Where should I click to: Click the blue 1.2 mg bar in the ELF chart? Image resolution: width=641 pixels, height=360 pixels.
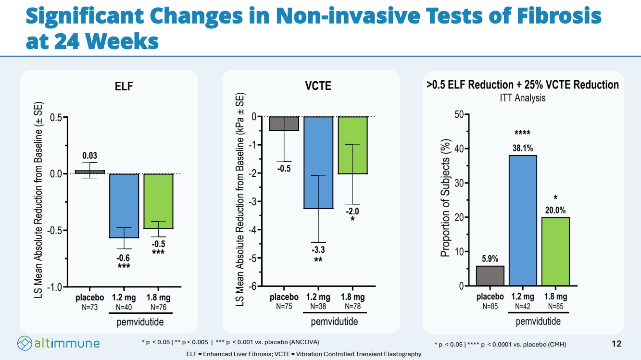point(125,206)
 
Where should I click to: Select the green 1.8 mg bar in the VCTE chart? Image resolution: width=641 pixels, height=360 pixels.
point(352,145)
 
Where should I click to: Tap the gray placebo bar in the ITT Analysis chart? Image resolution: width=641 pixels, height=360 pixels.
point(490,276)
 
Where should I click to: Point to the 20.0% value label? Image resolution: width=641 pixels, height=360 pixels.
point(555,210)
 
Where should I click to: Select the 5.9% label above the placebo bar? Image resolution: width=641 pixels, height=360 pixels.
point(490,259)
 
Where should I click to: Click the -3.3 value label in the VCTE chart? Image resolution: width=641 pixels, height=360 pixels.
point(318,250)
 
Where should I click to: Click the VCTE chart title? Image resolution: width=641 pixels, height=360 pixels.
point(318,87)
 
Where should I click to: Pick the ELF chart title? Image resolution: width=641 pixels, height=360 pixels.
point(124,87)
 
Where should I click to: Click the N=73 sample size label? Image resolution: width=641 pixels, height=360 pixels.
point(90,307)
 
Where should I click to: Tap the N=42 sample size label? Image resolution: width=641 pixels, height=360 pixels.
point(522,306)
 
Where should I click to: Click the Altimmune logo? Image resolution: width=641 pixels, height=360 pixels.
point(59,343)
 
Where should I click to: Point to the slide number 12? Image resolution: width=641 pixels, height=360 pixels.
point(616,343)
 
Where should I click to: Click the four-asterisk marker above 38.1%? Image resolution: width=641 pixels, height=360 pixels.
point(522,133)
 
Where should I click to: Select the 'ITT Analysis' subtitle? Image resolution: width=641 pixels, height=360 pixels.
point(522,98)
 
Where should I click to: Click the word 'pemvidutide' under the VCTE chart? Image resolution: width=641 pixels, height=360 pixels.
point(335,322)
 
